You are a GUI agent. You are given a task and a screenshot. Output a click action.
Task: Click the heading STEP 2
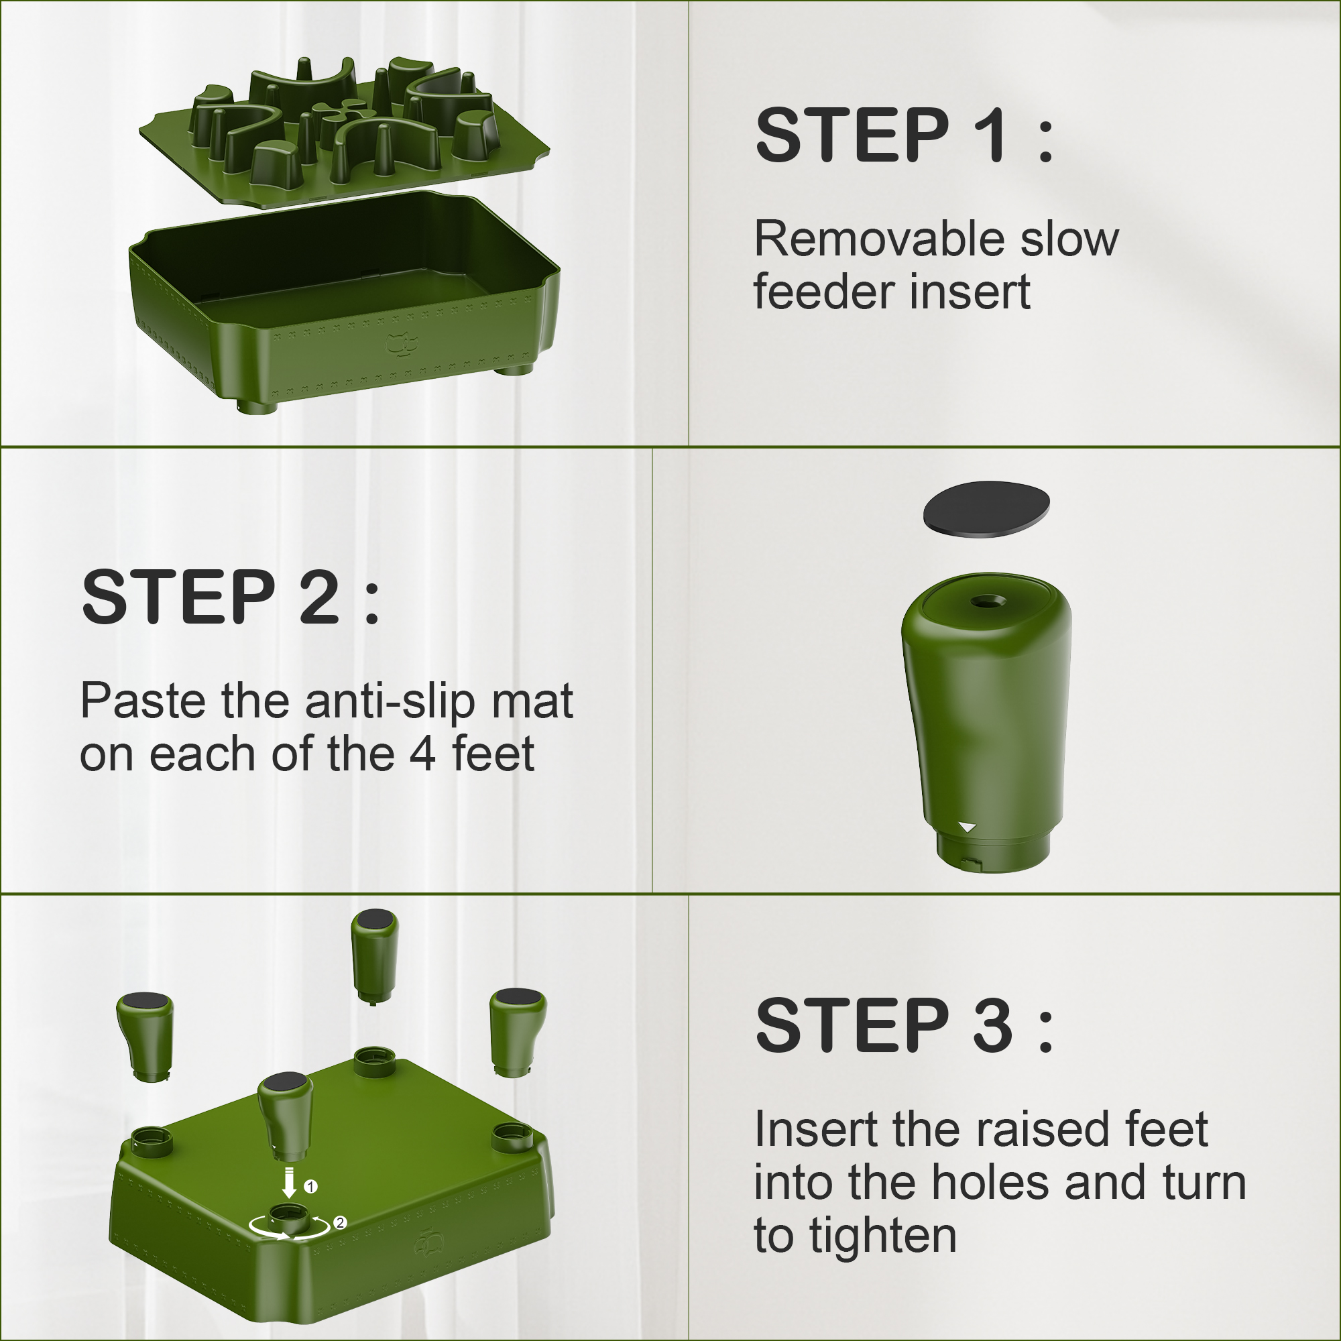(x=231, y=596)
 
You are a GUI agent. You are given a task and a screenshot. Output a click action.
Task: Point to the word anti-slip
(x=391, y=701)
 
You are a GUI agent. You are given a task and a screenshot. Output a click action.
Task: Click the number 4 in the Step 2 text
(x=422, y=754)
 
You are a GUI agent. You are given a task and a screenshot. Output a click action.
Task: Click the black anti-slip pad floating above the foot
(x=986, y=509)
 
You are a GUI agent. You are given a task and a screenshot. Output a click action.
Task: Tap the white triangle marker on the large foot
(x=968, y=827)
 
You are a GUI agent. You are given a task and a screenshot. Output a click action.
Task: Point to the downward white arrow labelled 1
(x=290, y=1183)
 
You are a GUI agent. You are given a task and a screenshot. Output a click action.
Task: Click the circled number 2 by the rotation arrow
(x=339, y=1222)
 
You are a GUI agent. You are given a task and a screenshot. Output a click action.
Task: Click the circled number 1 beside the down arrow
(x=311, y=1186)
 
